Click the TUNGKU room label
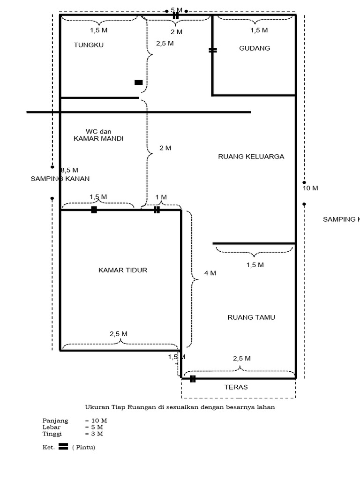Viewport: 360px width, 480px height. click(x=89, y=45)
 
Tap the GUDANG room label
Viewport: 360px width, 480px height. click(x=255, y=48)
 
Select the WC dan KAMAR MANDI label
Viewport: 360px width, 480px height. click(x=98, y=135)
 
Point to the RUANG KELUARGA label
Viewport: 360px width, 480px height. click(x=251, y=157)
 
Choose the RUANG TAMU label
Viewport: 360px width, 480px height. click(x=251, y=317)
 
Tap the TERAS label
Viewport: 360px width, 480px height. click(x=236, y=387)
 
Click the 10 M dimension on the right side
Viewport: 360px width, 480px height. click(x=310, y=188)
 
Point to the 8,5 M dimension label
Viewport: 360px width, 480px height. click(x=69, y=170)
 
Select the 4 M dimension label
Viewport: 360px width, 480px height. click(x=210, y=273)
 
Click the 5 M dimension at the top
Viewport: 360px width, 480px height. click(x=176, y=10)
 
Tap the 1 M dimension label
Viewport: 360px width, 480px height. click(x=161, y=197)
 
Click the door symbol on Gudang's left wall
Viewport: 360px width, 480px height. click(x=212, y=50)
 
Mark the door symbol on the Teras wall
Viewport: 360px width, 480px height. click(x=192, y=379)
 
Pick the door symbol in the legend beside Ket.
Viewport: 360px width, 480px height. click(x=63, y=447)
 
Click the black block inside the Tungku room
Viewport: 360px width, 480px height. click(x=138, y=82)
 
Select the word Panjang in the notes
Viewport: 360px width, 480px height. click(x=55, y=420)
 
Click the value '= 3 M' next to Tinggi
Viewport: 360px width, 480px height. click(x=94, y=434)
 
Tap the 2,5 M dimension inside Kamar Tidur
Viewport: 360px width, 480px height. click(x=118, y=334)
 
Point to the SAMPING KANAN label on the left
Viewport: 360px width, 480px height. click(x=60, y=179)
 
